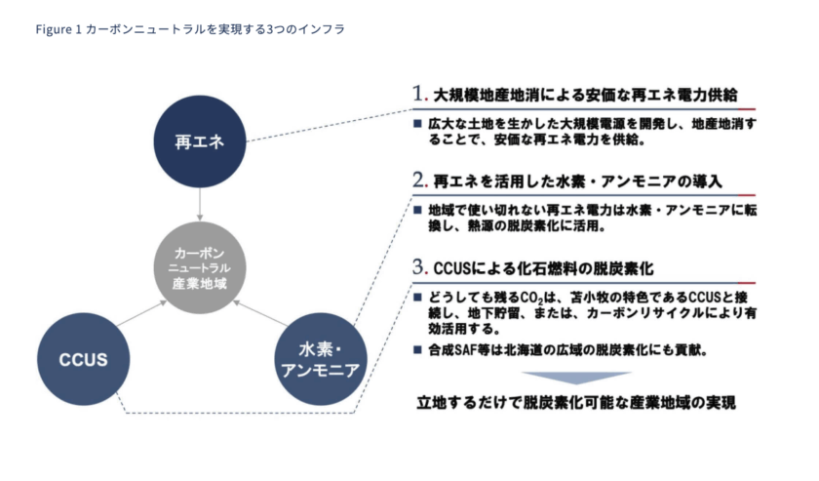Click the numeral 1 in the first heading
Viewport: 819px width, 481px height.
[x=420, y=96]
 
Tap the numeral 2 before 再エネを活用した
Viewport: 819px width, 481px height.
[x=420, y=180]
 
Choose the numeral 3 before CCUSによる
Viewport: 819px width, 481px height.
[x=420, y=265]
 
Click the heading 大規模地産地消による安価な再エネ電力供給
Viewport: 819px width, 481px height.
[x=581, y=97]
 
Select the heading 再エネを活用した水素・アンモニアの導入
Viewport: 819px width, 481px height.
[x=576, y=181]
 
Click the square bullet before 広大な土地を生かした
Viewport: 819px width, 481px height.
[x=417, y=126]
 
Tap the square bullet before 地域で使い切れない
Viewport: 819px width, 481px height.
[x=417, y=210]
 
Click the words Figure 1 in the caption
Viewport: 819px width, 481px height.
[x=57, y=29]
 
